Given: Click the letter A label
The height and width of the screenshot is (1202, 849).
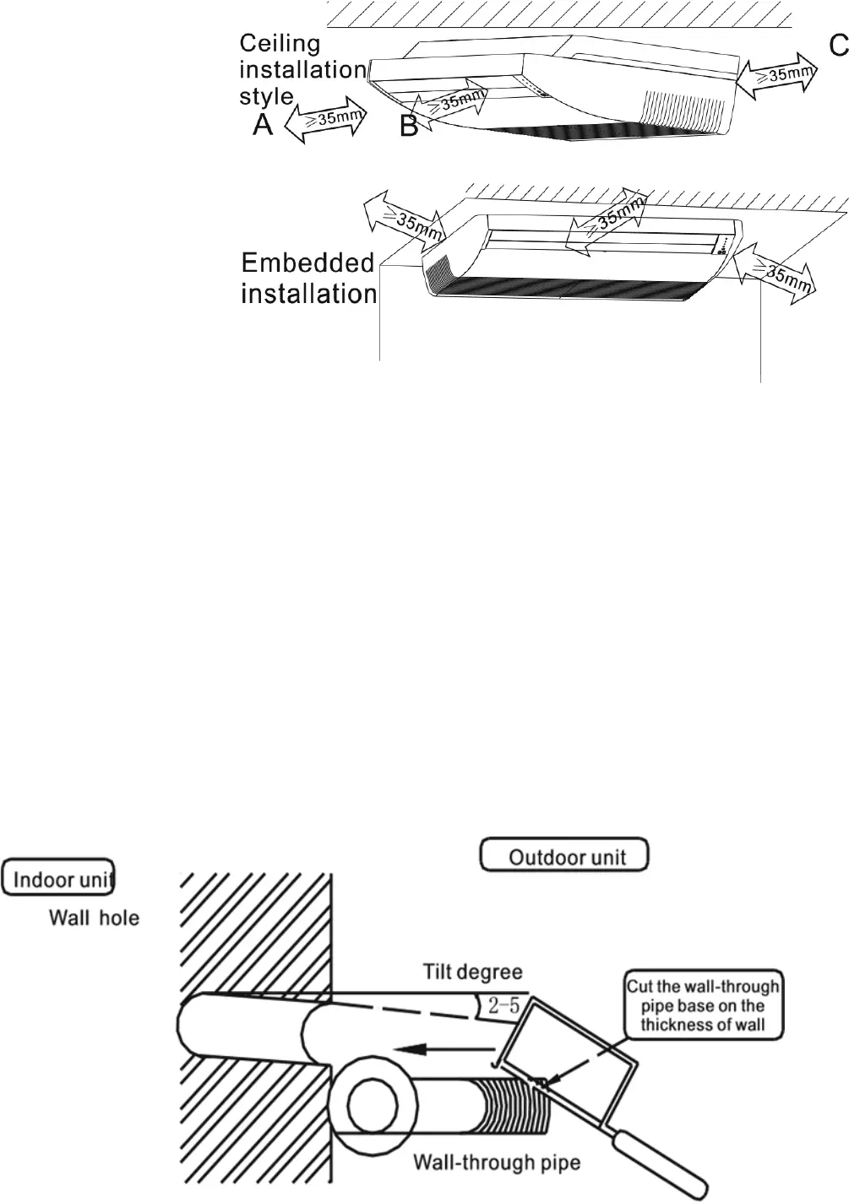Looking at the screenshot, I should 264,126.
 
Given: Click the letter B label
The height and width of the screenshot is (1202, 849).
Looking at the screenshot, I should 409,127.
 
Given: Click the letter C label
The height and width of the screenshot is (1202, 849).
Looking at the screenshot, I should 837,46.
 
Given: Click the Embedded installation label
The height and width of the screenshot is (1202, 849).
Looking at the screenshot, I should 308,279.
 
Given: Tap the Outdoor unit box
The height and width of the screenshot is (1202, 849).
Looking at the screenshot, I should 565,856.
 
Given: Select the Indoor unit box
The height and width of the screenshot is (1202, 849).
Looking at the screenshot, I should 58,878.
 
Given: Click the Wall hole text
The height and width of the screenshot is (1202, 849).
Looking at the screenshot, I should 94,917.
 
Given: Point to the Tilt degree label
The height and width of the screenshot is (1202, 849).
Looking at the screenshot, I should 472,972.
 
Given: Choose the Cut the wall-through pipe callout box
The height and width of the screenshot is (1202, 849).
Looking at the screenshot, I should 702,1005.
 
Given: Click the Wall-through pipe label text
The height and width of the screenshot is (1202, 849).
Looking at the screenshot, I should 497,1162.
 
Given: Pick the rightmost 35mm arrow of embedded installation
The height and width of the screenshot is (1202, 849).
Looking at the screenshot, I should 775,273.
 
